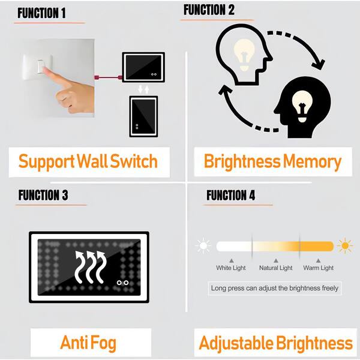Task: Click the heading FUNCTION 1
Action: (x=41, y=13)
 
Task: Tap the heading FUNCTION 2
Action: (x=209, y=10)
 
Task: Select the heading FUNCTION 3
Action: (x=43, y=195)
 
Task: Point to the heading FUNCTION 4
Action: (x=230, y=195)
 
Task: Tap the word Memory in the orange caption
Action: (x=312, y=162)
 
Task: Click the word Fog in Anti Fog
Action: (x=103, y=343)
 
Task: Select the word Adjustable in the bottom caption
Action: (x=236, y=343)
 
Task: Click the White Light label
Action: (x=231, y=268)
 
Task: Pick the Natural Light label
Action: (x=276, y=268)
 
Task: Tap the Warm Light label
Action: (x=318, y=268)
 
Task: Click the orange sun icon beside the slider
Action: (x=345, y=245)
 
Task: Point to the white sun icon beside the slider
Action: (x=203, y=245)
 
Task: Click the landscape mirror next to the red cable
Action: (x=143, y=67)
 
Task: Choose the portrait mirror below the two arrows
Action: (x=143, y=116)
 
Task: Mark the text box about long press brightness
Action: (x=275, y=288)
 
